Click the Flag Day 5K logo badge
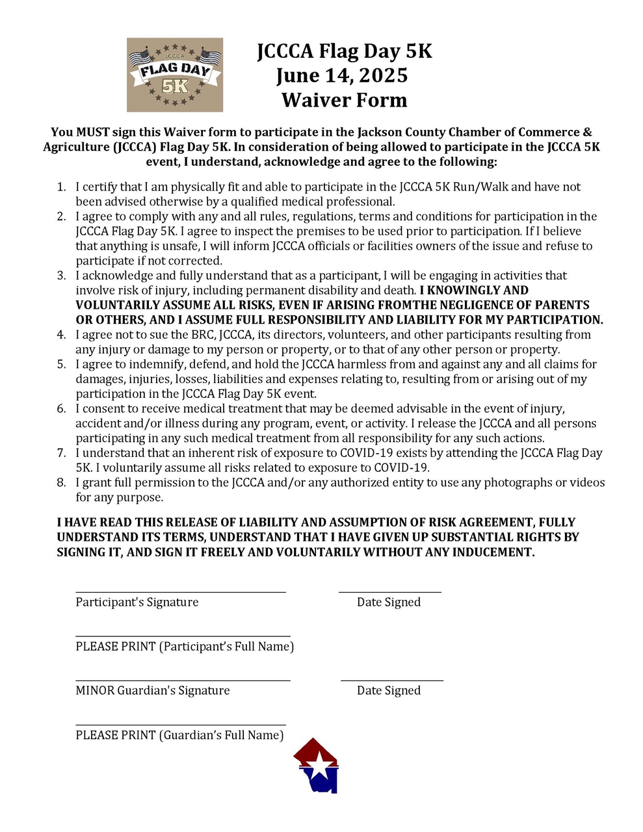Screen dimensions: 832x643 (x=174, y=75)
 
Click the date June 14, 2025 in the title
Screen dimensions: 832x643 (x=342, y=75)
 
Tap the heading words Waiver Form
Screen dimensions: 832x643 (x=344, y=100)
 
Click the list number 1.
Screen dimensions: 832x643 (x=61, y=187)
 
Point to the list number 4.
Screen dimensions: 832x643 (x=61, y=335)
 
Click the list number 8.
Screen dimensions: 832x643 (x=61, y=482)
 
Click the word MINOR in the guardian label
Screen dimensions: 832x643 (x=95, y=690)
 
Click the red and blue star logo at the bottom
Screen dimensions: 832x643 (x=317, y=766)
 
